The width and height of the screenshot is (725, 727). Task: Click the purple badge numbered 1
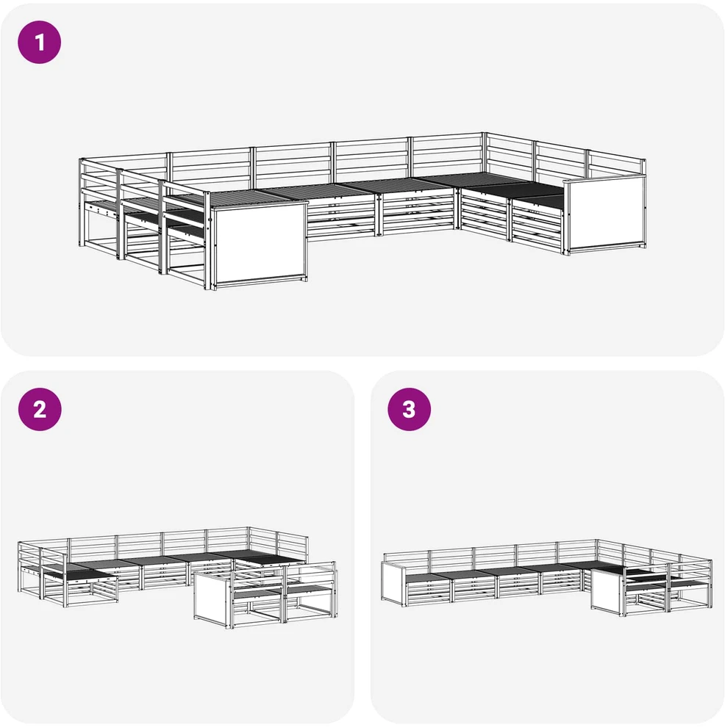(x=40, y=42)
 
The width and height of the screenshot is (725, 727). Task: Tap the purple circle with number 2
(x=40, y=410)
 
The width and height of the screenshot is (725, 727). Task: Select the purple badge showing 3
(x=409, y=410)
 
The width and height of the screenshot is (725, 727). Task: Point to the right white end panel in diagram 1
(x=605, y=214)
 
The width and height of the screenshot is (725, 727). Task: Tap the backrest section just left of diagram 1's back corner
(x=446, y=156)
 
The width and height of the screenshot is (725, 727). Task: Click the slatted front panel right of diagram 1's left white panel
(x=342, y=216)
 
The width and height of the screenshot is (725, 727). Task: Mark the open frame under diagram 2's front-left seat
(x=91, y=592)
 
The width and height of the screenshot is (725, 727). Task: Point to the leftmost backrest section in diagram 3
(x=407, y=558)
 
